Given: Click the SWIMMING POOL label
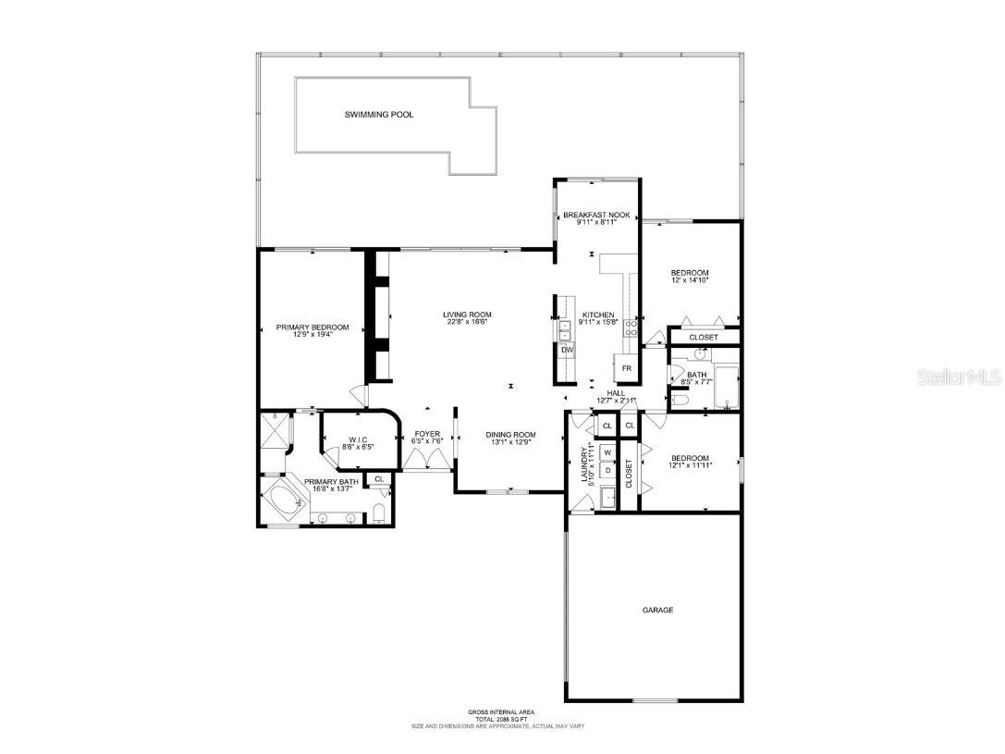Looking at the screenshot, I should pyautogui.click(x=379, y=115).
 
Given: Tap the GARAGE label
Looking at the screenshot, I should pyautogui.click(x=658, y=610).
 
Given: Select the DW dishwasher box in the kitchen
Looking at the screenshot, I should pyautogui.click(x=567, y=350).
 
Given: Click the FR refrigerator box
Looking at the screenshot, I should pyautogui.click(x=626, y=368).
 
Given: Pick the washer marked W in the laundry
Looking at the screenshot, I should pyautogui.click(x=607, y=452).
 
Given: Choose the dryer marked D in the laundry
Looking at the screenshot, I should pyautogui.click(x=607, y=470).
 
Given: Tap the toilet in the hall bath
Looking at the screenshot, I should pyautogui.click(x=678, y=399).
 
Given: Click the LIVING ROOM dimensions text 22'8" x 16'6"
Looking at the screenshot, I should pyautogui.click(x=466, y=322).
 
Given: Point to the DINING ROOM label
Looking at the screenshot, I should pyautogui.click(x=511, y=434).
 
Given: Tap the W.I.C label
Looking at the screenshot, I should pyautogui.click(x=359, y=439).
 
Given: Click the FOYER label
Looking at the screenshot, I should pyautogui.click(x=427, y=433).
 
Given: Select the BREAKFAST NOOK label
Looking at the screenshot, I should pyautogui.click(x=596, y=215).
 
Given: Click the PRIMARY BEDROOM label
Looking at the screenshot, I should pyautogui.click(x=313, y=327).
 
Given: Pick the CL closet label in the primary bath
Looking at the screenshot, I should pyautogui.click(x=379, y=479).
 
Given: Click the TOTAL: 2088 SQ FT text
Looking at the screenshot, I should pyautogui.click(x=501, y=719).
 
